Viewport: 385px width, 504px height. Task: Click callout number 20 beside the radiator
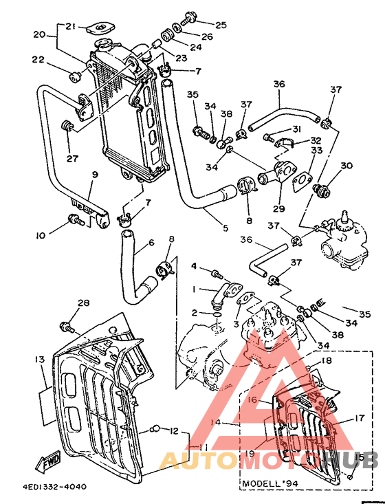pyautogui.click(x=39, y=34)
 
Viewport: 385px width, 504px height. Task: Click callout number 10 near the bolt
pyautogui.click(x=41, y=234)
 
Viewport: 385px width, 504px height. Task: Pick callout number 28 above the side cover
pyautogui.click(x=83, y=303)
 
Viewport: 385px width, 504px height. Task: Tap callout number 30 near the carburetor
pyautogui.click(x=346, y=166)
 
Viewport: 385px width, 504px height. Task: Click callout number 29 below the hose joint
pyautogui.click(x=278, y=208)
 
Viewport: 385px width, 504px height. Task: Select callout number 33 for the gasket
pyautogui.click(x=316, y=151)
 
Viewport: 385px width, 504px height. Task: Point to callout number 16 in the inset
pyautogui.click(x=253, y=399)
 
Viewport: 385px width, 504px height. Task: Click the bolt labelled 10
pyautogui.click(x=76, y=221)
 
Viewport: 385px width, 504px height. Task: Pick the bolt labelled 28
pyautogui.click(x=67, y=326)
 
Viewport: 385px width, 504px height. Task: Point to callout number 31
pyautogui.click(x=296, y=129)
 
